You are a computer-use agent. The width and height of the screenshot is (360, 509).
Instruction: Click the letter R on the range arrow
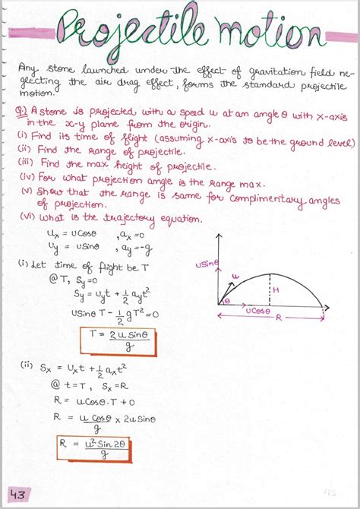279,319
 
